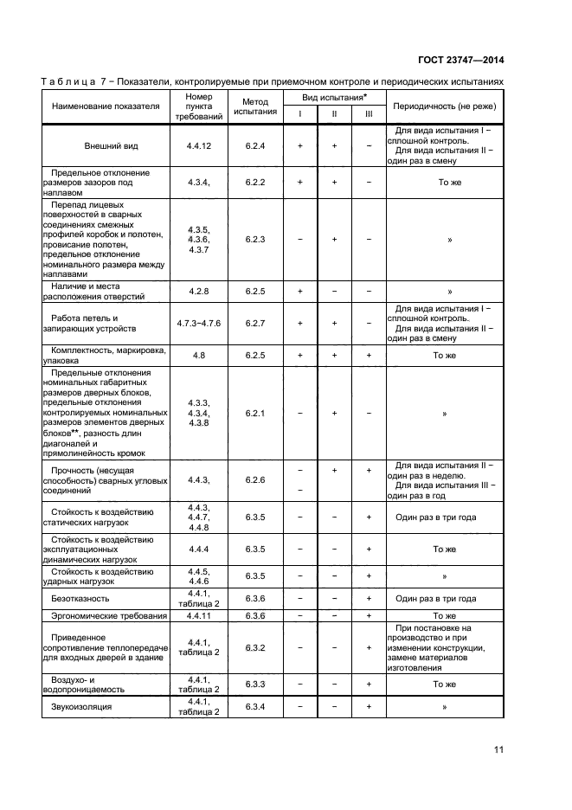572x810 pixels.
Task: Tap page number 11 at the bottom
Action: pos(498,749)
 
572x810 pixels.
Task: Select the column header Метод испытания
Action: pos(254,106)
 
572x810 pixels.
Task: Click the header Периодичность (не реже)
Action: pos(445,106)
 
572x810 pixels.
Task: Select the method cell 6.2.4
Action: pos(254,146)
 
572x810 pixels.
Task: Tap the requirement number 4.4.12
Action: pos(199,146)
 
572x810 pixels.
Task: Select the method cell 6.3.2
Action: pos(254,647)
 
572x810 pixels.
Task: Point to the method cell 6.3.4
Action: pos(254,707)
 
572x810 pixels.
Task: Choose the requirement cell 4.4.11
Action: pos(199,616)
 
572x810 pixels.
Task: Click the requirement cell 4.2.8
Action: pos(199,292)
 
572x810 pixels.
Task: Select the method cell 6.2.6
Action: pos(254,479)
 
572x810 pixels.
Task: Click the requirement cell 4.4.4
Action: pos(199,549)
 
